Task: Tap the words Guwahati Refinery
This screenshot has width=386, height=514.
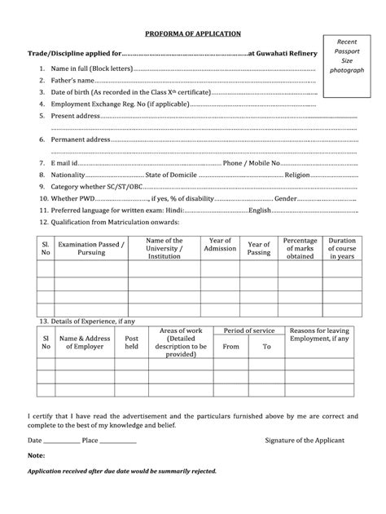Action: tap(285, 53)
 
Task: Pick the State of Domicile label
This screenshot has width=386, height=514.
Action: tap(171, 175)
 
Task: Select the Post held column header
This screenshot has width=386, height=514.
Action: tap(131, 343)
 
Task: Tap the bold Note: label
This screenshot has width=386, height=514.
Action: tap(36, 455)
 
